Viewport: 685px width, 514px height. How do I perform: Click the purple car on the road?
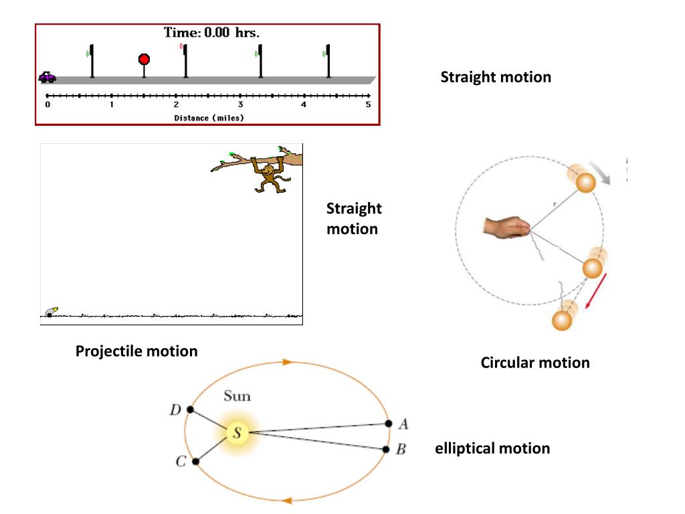47,77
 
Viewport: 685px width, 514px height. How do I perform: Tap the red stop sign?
144,60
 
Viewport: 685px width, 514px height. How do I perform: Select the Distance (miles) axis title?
209,118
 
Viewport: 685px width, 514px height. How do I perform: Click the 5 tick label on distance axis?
368,105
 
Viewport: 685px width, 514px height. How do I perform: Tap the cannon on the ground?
50,312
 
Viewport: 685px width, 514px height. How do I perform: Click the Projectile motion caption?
136,351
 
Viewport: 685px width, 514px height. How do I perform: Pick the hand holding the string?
506,228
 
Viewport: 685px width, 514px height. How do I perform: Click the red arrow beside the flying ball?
593,290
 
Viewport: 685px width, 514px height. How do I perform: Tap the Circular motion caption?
535,363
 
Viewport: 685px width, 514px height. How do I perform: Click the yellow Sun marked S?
236,433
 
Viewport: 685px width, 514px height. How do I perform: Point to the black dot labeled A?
389,423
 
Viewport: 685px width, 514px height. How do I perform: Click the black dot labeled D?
191,410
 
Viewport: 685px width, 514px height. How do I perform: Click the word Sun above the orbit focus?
237,396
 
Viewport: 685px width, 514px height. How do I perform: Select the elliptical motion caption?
492,448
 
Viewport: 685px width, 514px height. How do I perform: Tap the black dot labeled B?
386,449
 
